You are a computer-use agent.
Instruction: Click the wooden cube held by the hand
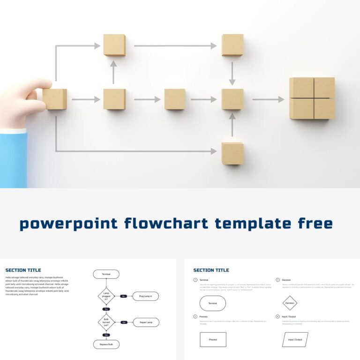coord(55,99)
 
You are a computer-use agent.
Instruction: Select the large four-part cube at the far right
coord(312,98)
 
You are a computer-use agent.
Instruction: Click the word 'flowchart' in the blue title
coord(166,223)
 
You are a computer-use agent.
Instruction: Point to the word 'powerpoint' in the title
coord(68,224)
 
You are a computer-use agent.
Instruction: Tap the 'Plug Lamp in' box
coord(145,296)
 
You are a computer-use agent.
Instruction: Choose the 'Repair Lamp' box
coord(146,322)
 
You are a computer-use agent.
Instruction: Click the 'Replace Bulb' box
coord(106,345)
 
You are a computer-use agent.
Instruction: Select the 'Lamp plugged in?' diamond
coord(106,296)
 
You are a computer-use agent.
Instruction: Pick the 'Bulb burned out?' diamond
coord(106,322)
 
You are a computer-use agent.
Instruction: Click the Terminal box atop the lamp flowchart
coord(106,274)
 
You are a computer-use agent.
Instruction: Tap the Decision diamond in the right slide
coord(290,303)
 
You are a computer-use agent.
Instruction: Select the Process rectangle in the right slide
coord(213,339)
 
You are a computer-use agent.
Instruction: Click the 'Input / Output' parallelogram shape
coord(295,339)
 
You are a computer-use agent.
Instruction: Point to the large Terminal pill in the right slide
coord(212,303)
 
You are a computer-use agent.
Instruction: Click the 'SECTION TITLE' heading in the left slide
coord(23,270)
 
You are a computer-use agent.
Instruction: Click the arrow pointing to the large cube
coord(268,99)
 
